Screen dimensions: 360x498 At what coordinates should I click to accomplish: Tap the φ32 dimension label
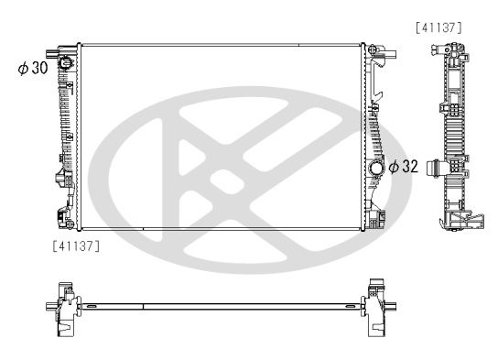pyautogui.click(x=404, y=167)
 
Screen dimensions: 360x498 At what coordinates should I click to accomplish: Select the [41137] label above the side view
pyautogui.click(x=439, y=27)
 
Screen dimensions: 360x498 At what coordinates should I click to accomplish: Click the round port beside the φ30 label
pyautogui.click(x=66, y=63)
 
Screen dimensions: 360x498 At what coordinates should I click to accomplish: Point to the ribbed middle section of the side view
pyautogui.click(x=453, y=137)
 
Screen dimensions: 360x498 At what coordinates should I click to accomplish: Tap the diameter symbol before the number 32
pyautogui.click(x=394, y=167)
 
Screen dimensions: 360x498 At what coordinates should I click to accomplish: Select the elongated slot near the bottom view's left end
pyautogui.click(x=92, y=305)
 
